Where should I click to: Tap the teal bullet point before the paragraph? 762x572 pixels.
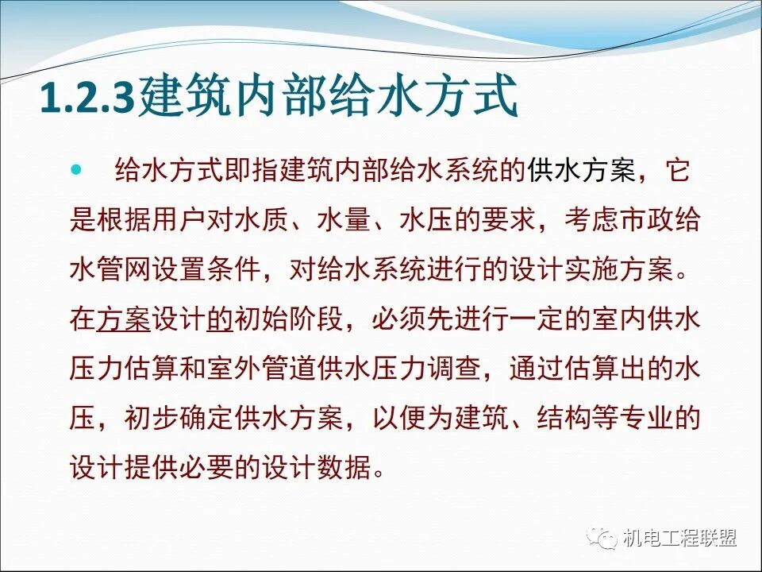click(77, 169)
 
